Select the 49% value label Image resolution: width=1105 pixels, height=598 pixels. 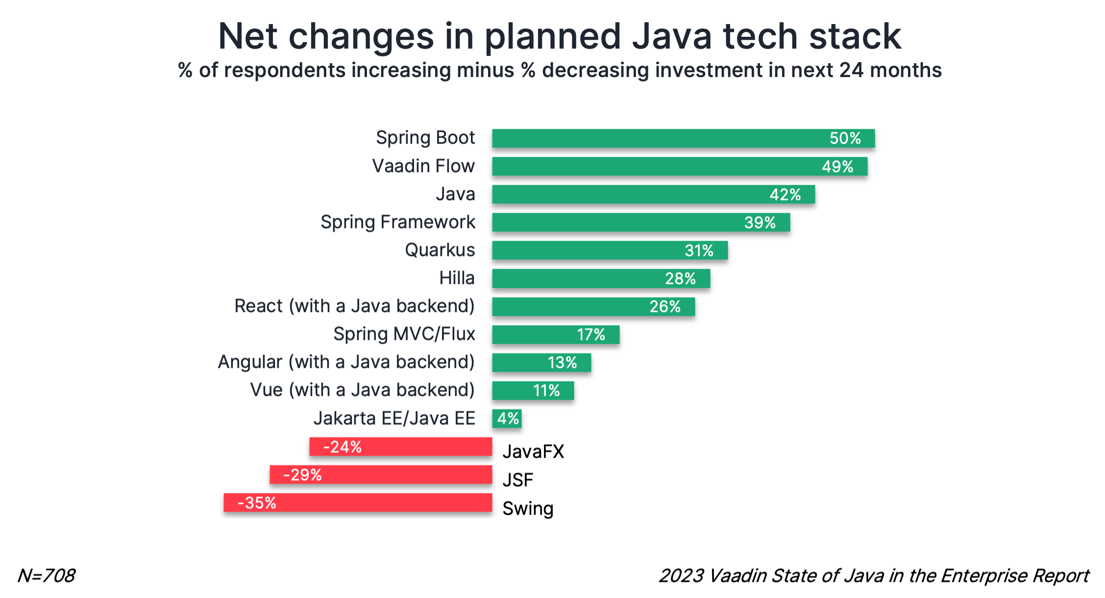pyautogui.click(x=837, y=167)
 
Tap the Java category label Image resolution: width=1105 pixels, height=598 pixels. pyautogui.click(x=455, y=194)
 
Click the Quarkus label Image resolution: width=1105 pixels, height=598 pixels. pyautogui.click(x=440, y=250)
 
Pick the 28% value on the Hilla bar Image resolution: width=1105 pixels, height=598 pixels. pyautogui.click(x=680, y=279)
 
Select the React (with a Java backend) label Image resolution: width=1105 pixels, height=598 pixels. pyautogui.click(x=354, y=306)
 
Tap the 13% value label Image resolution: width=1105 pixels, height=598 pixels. pyautogui.click(x=562, y=363)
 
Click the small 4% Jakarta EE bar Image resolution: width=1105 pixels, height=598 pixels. pyautogui.click(x=507, y=418)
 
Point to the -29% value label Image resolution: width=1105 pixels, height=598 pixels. pyautogui.click(x=302, y=475)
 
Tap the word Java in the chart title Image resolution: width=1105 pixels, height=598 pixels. pyautogui.click(x=671, y=37)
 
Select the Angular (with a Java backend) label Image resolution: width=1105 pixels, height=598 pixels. pyautogui.click(x=346, y=362)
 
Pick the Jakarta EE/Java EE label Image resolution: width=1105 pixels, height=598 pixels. pyautogui.click(x=394, y=418)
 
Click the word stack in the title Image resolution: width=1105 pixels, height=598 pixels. pyautogui.click(x=855, y=37)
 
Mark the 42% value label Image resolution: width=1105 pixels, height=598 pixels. pyautogui.click(x=785, y=195)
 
